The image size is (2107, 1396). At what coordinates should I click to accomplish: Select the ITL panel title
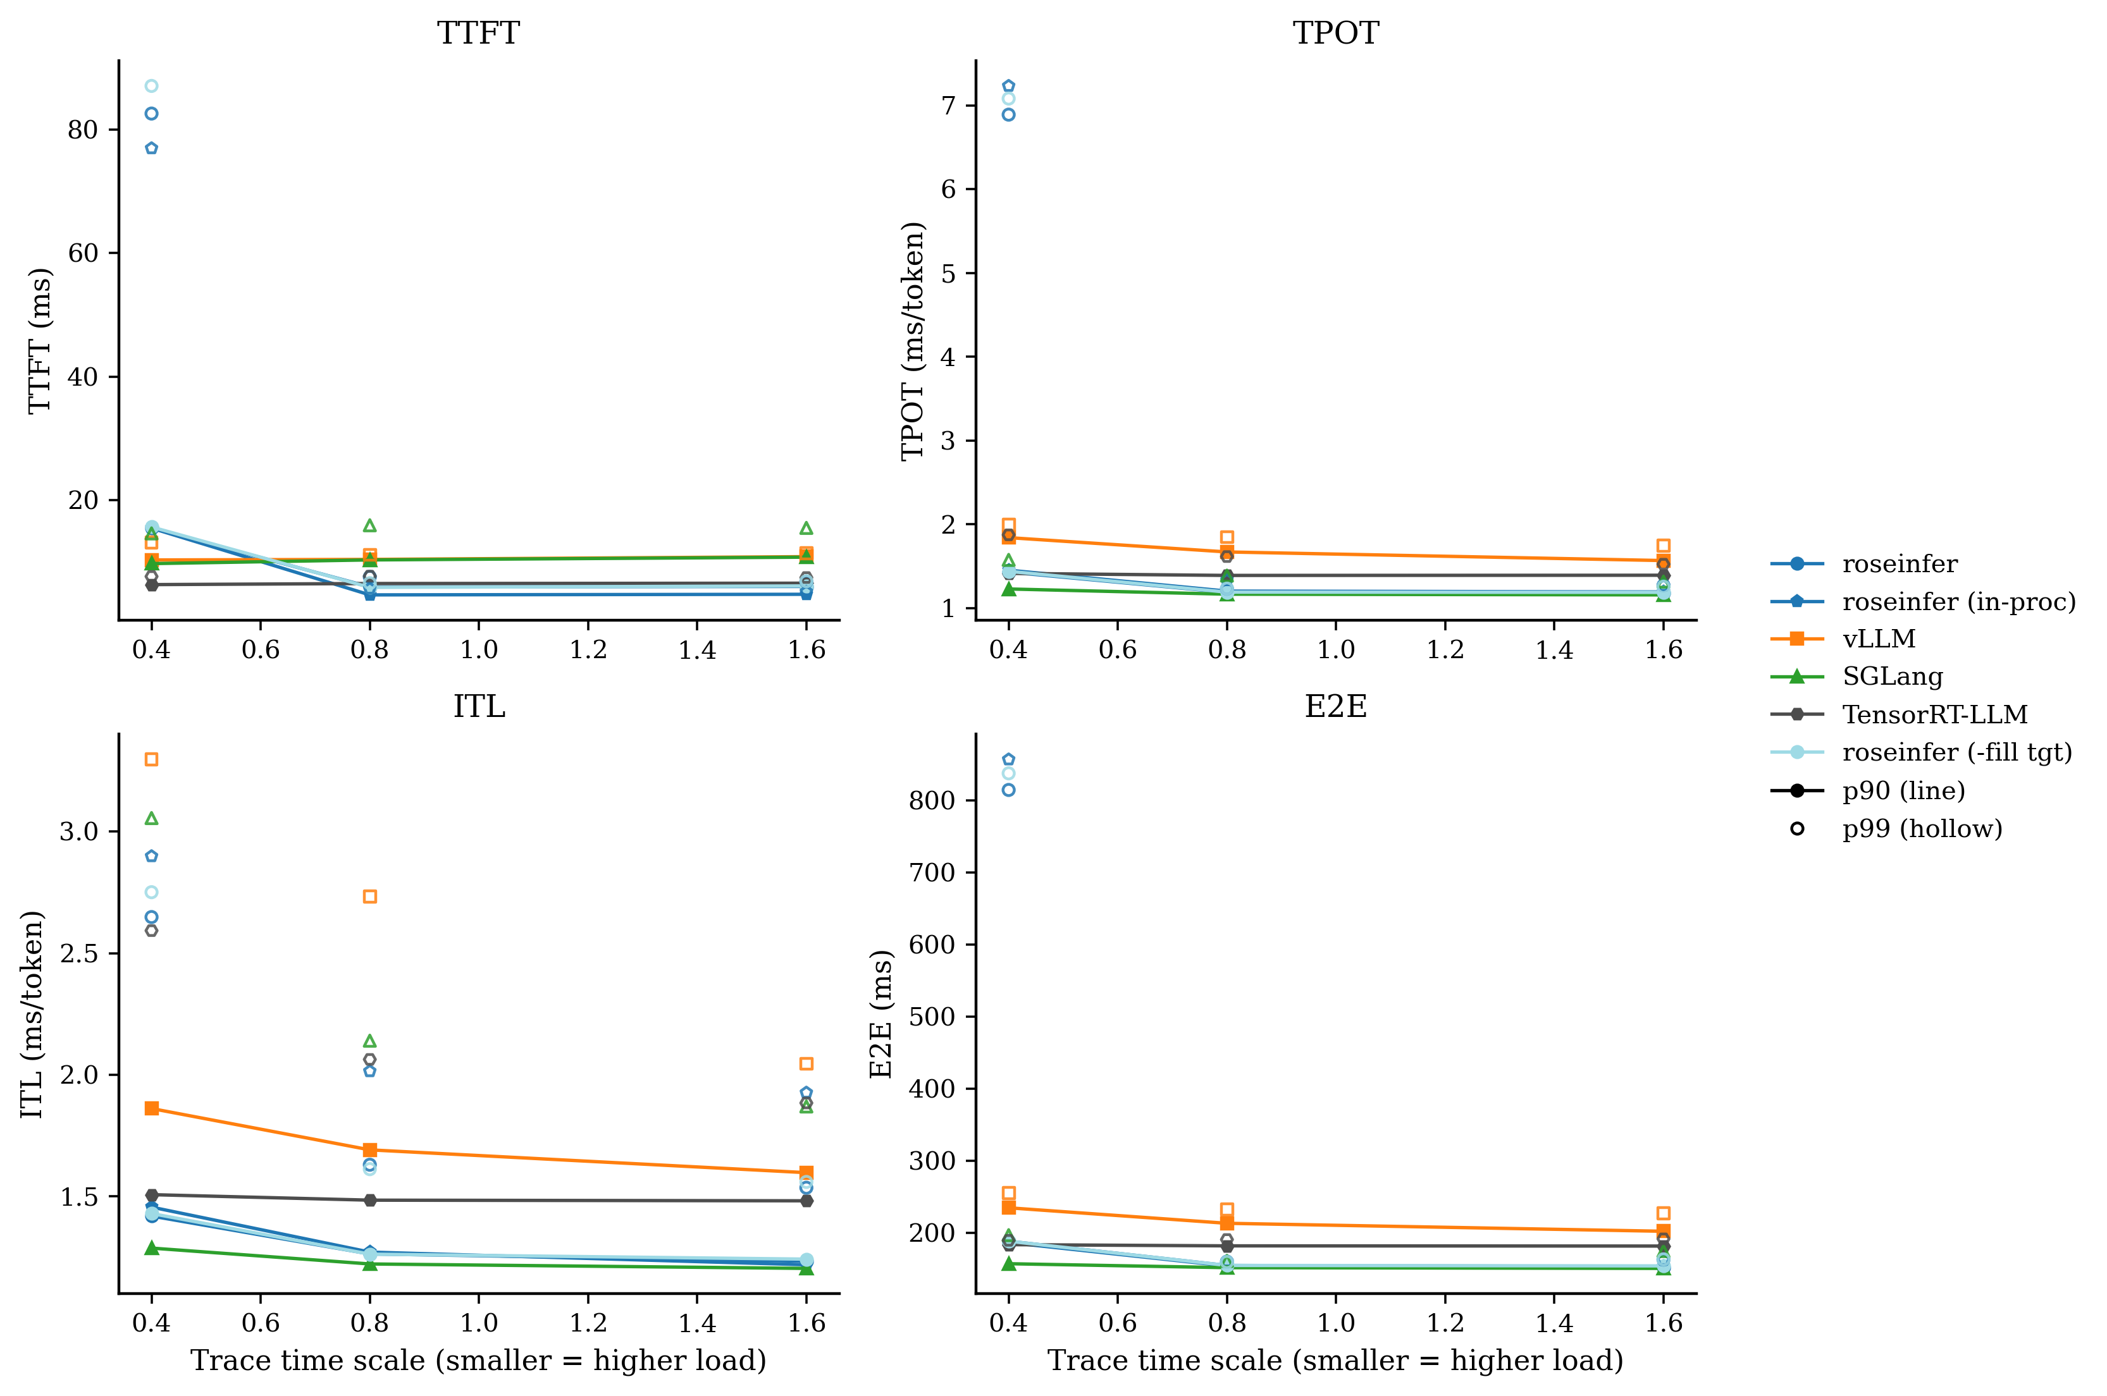pyautogui.click(x=478, y=706)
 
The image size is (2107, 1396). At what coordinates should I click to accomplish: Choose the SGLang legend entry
pyautogui.click(x=1893, y=677)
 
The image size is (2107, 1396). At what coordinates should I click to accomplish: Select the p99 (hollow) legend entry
pyautogui.click(x=1922, y=829)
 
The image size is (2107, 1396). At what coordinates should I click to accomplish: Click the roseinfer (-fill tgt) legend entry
pyautogui.click(x=1956, y=752)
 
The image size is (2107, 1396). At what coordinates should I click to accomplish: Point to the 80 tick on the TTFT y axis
pyautogui.click(x=83, y=130)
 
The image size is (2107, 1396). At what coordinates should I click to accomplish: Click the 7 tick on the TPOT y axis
pyautogui.click(x=948, y=106)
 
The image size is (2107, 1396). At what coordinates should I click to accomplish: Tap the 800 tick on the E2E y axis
pyautogui.click(x=932, y=800)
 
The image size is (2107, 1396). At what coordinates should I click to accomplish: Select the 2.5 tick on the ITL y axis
pyautogui.click(x=78, y=953)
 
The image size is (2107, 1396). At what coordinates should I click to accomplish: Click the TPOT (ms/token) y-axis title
pyautogui.click(x=913, y=341)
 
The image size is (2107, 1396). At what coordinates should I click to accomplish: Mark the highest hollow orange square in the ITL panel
pyautogui.click(x=151, y=759)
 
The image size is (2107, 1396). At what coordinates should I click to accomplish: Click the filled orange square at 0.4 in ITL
pyautogui.click(x=151, y=1108)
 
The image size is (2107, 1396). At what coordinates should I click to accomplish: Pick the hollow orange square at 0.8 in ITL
pyautogui.click(x=369, y=897)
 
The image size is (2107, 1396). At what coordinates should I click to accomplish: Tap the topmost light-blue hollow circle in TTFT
pyautogui.click(x=151, y=87)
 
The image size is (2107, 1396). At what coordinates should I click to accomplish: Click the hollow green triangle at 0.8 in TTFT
pyautogui.click(x=369, y=526)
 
